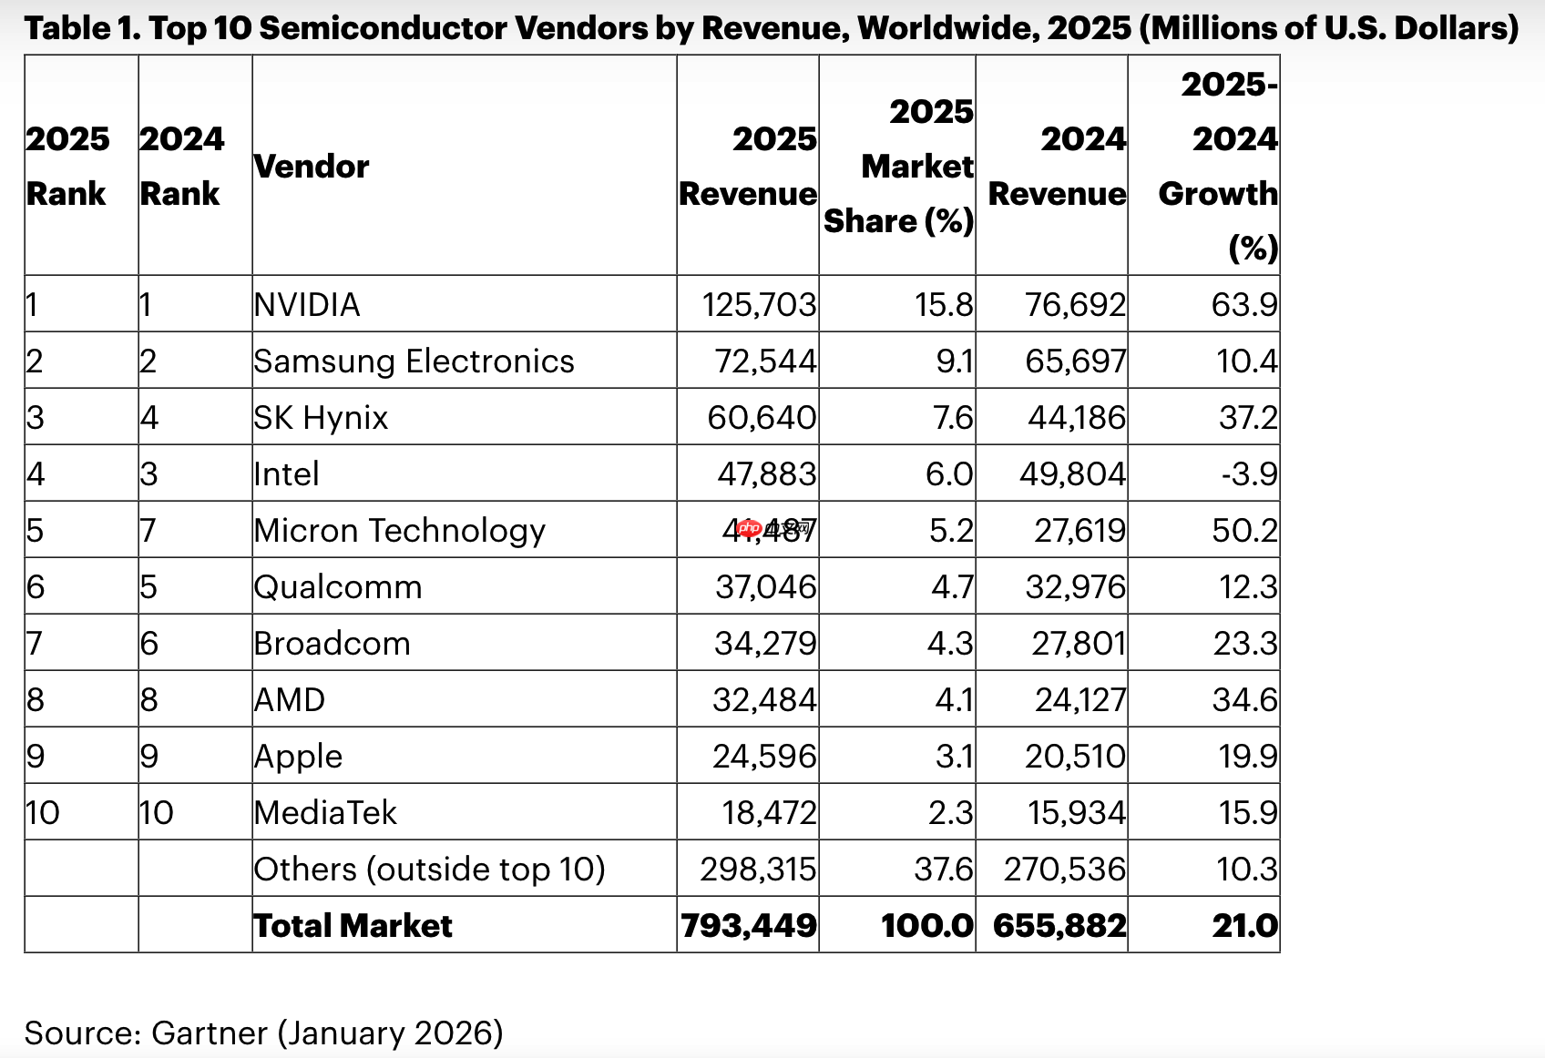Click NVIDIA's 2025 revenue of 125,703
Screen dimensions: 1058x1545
pyautogui.click(x=759, y=304)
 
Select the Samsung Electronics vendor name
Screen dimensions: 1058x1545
pyautogui.click(x=414, y=361)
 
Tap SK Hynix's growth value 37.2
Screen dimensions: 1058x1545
pyautogui.click(x=1248, y=418)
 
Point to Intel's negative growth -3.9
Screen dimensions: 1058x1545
pyautogui.click(x=1249, y=474)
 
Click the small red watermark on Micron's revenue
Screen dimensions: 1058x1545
pyautogui.click(x=750, y=528)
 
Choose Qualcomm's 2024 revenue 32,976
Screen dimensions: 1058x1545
pyautogui.click(x=1075, y=587)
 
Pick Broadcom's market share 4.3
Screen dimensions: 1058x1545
pyautogui.click(x=950, y=644)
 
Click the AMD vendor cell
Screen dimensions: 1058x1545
pyautogui.click(x=290, y=700)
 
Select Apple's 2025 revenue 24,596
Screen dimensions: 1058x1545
pyautogui.click(x=764, y=757)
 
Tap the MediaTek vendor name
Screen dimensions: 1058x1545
pyautogui.click(x=325, y=813)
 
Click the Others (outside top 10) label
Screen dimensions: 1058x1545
pyautogui.click(x=429, y=870)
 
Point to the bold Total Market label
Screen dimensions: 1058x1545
pyautogui.click(x=353, y=926)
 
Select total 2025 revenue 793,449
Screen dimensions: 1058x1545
pyautogui.click(x=749, y=926)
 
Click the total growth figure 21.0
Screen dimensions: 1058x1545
pyautogui.click(x=1244, y=926)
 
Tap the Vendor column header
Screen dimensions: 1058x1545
pyautogui.click(x=312, y=167)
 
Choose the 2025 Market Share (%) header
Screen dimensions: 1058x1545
pyautogui.click(x=899, y=167)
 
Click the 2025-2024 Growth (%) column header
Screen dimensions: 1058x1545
pyautogui.click(x=1219, y=167)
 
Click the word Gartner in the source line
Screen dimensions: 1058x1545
pyautogui.click(x=209, y=1033)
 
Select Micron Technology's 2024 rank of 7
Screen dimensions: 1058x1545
pyautogui.click(x=148, y=531)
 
